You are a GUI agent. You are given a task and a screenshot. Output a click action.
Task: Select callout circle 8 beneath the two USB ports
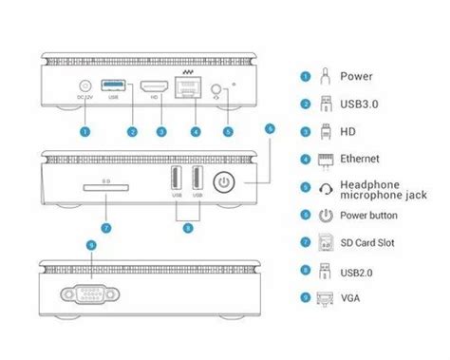click(x=186, y=229)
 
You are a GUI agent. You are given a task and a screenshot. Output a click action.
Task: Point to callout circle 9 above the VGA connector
click(x=90, y=245)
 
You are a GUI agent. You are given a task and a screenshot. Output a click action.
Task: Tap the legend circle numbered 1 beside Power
click(x=306, y=76)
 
